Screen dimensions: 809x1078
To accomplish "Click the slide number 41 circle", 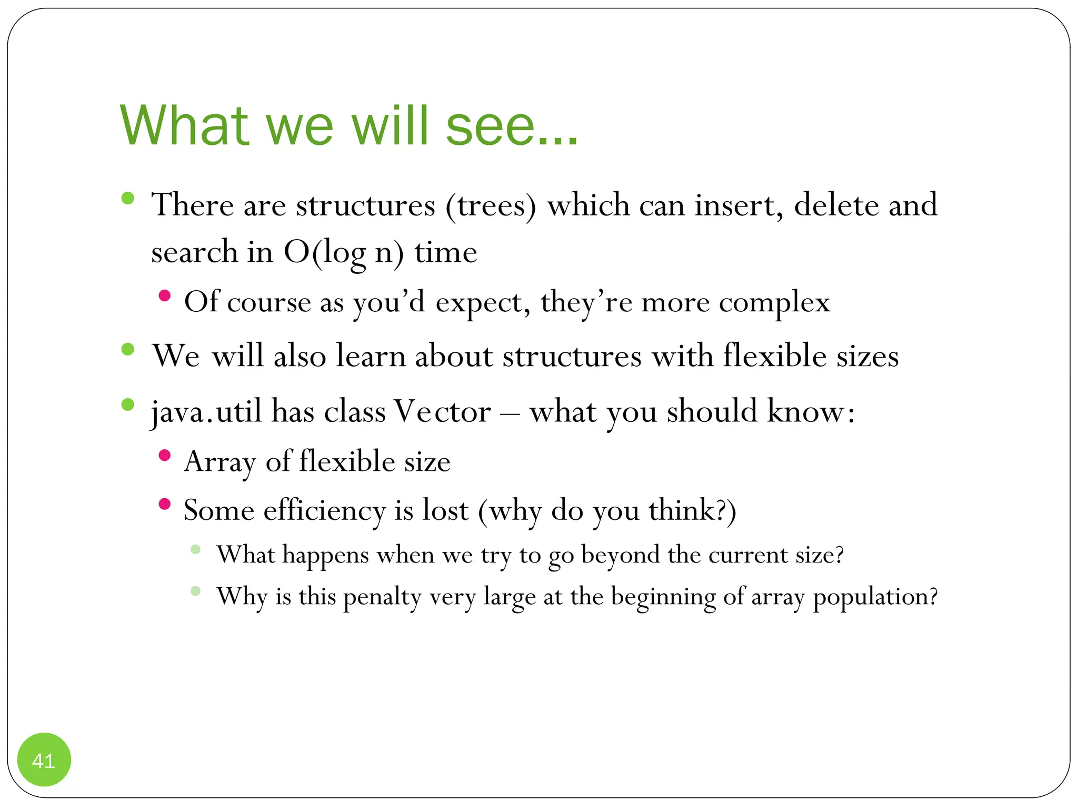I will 44,759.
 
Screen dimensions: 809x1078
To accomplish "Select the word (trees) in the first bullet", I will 491,205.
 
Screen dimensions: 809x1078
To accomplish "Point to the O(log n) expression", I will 344,252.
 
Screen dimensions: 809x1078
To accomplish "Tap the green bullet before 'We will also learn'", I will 127,349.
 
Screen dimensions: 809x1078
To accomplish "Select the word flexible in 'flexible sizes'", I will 774,356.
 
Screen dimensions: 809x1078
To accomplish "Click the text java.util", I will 206,411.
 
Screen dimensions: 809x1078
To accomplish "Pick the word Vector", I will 442,411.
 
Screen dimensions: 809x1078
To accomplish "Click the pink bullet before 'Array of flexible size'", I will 165,455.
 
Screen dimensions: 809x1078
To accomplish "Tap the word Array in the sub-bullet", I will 220,462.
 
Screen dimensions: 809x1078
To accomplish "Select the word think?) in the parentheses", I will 692,510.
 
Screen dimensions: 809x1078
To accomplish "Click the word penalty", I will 382,597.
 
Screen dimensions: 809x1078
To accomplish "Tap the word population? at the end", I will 875,597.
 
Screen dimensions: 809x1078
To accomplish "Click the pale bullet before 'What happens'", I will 195,549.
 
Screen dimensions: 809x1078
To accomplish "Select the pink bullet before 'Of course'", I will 165,295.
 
